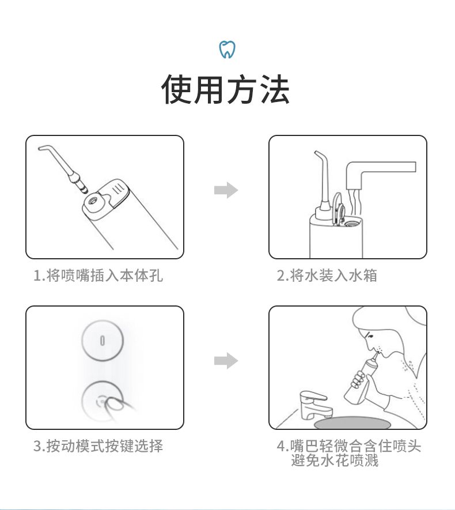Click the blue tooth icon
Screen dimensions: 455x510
[227, 50]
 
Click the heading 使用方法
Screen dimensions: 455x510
[226, 89]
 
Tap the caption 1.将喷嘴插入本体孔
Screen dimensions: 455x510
[98, 275]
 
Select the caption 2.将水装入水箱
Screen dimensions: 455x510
[327, 275]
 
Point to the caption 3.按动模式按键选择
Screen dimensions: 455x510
[98, 446]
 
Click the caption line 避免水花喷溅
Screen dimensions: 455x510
[335, 460]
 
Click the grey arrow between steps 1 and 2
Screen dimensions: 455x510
[226, 190]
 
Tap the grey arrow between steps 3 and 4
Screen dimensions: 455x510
[226, 361]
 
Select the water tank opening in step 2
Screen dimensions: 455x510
[352, 223]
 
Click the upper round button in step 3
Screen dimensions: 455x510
[103, 340]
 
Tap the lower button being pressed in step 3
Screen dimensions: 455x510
[102, 401]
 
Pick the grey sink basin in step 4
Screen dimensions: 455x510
[352, 423]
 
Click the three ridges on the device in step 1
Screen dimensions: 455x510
[117, 188]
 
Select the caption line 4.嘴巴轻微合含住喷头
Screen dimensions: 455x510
[348, 446]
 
